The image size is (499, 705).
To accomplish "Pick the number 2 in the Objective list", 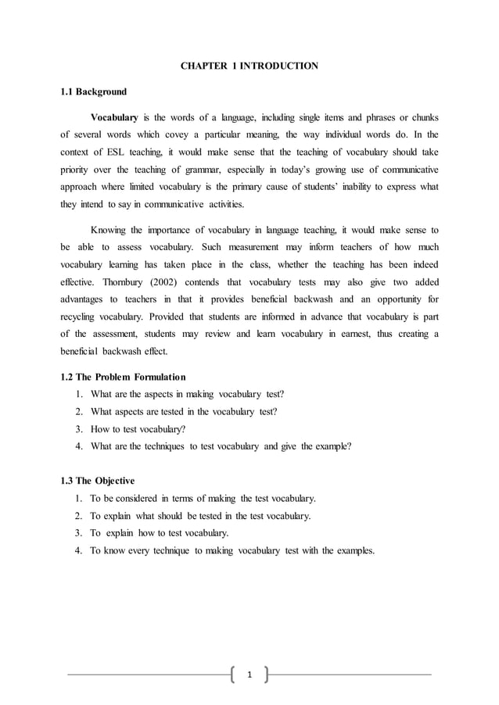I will click(x=79, y=516).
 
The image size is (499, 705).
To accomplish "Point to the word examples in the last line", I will click(x=356, y=550).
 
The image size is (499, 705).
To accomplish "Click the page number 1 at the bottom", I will click(x=249, y=675).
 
